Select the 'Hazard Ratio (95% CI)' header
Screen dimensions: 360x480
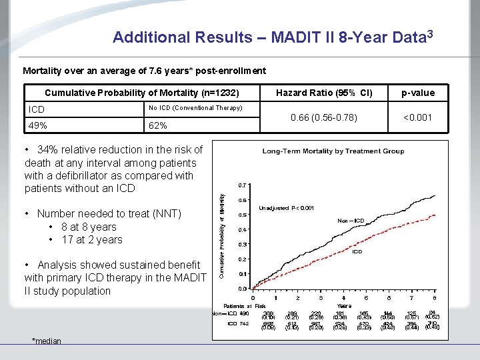324,93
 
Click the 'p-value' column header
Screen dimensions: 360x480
419,93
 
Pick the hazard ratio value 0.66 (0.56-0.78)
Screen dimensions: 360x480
324,117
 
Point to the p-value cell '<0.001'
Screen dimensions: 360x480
419,117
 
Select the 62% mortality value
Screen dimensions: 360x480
157,125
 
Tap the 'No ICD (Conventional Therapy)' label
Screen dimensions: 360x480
195,108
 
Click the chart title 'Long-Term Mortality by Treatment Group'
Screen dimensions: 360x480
333,151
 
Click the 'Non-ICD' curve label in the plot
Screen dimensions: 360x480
351,221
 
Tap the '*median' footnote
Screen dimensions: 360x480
47,341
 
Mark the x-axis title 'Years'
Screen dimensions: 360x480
344,305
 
